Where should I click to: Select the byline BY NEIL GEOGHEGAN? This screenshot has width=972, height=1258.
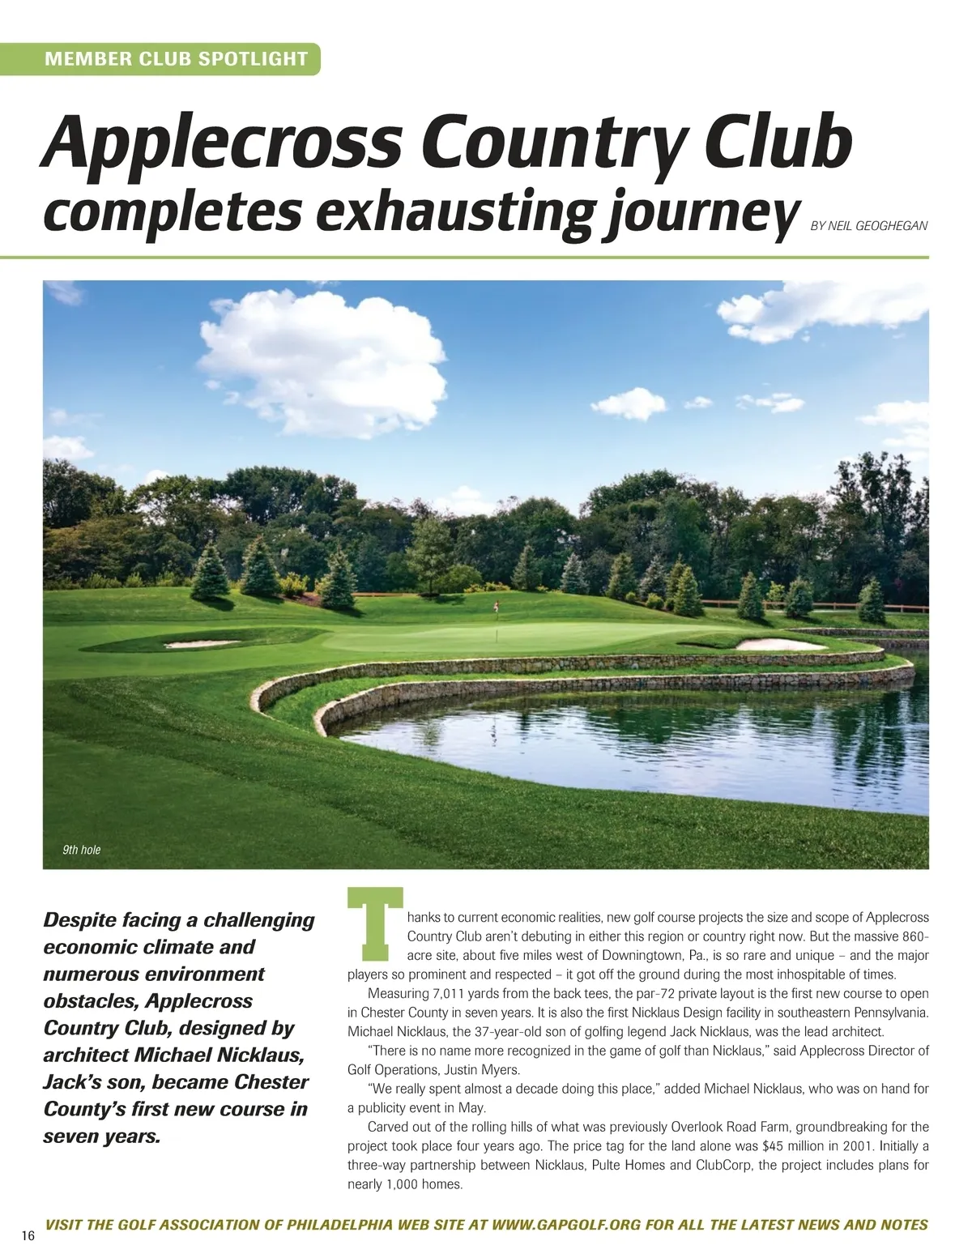(x=868, y=227)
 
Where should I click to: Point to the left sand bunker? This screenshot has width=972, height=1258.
(x=202, y=645)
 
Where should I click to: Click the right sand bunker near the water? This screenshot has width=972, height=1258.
(x=778, y=644)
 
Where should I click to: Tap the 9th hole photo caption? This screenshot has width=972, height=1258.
(x=81, y=850)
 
